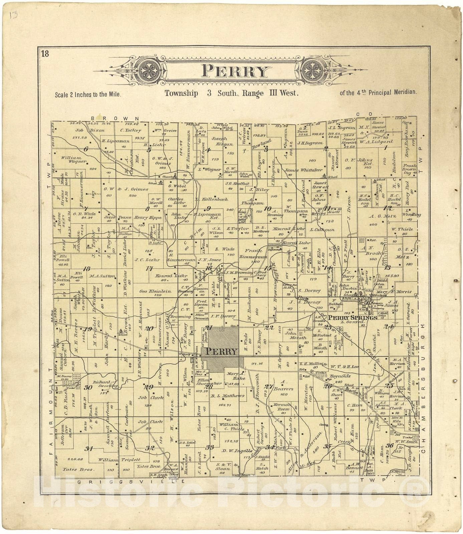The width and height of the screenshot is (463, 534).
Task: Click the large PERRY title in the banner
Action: pyautogui.click(x=236, y=71)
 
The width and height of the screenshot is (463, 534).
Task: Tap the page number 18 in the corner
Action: pyautogui.click(x=45, y=54)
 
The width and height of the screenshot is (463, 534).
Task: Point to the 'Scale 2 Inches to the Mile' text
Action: pyautogui.click(x=88, y=94)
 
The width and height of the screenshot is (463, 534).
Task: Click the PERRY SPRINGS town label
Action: pyautogui.click(x=353, y=317)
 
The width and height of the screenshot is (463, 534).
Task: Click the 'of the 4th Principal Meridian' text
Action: pyautogui.click(x=378, y=92)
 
